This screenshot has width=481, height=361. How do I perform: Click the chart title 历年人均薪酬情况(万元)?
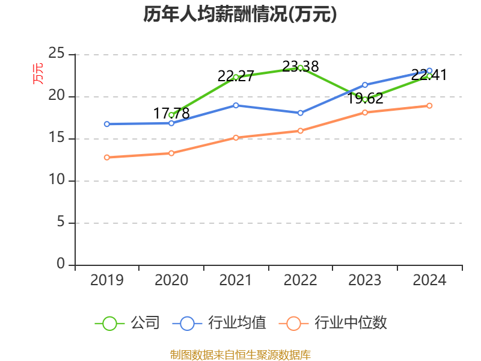pos(240,14)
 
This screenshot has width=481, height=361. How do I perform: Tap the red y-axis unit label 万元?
pos(38,74)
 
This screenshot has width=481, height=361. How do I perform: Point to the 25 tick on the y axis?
pos(57,54)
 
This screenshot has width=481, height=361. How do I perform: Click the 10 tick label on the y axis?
pos(57,179)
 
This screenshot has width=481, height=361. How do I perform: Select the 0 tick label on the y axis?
pos(61,264)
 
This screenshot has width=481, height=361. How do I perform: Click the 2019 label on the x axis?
pos(107,280)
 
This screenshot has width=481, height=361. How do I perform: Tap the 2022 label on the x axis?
pos(300,280)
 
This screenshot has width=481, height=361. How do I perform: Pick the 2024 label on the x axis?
pos(429,280)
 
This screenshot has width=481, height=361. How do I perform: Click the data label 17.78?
pos(171,113)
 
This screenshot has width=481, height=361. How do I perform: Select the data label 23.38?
pos(300,66)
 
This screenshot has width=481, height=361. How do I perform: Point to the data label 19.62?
pos(365,99)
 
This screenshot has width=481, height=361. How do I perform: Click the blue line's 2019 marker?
pos(107,124)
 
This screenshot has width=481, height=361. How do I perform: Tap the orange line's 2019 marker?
pos(107,158)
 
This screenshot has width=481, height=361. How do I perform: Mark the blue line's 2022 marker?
pos(300,113)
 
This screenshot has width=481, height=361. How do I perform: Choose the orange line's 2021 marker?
pos(236,138)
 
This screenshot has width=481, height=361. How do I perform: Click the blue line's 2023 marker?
pos(365,85)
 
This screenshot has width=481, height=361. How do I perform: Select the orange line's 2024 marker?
pos(429,106)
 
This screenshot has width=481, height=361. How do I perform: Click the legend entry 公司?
pos(127,323)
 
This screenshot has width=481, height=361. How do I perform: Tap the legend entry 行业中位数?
pos(333,323)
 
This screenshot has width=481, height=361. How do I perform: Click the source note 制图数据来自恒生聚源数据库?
pos(240,355)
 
